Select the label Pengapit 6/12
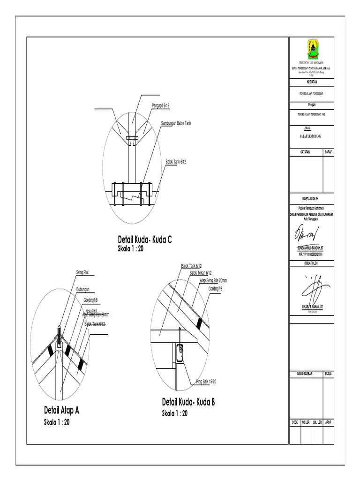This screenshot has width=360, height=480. coord(161,105)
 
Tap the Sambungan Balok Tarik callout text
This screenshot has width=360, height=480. coord(176,123)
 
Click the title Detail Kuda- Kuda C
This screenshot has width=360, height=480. coord(145,240)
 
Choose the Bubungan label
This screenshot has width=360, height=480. coord(82,290)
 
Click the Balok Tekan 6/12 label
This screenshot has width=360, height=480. coord(201,273)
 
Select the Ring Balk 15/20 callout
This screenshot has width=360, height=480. coord(206,382)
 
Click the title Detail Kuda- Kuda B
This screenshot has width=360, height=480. coord(188,402)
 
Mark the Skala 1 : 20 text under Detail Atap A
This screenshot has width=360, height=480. coord(57,422)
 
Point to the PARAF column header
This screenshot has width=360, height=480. coord(329,152)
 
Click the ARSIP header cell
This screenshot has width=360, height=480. coord(329,422)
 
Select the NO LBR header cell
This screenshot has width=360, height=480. coord(306,422)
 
